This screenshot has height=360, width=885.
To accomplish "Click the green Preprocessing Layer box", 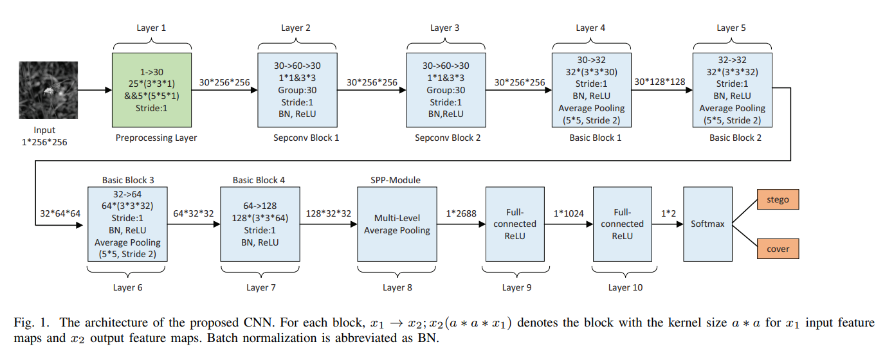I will pyautogui.click(x=152, y=90).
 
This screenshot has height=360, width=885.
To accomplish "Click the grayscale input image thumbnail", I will pyautogui.click(x=48, y=90).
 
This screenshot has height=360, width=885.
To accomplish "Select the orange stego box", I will pyautogui.click(x=778, y=199).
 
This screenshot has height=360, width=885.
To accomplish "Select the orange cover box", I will pyautogui.click(x=778, y=249).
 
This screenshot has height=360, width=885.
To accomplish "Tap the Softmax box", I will pyautogui.click(x=707, y=224).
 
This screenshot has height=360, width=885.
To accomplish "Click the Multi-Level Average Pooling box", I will pyautogui.click(x=397, y=224).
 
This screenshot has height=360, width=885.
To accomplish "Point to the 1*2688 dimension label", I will pyautogui.click(x=461, y=213).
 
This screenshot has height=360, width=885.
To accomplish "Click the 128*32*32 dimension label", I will pyautogui.click(x=328, y=213).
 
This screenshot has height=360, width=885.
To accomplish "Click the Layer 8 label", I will pyautogui.click(x=397, y=287).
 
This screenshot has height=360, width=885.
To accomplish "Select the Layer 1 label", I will pyautogui.click(x=152, y=28).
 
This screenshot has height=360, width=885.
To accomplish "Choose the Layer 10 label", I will pyautogui.click(x=625, y=287).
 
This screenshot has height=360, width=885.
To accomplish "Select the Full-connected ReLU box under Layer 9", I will pyautogui.click(x=513, y=224).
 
